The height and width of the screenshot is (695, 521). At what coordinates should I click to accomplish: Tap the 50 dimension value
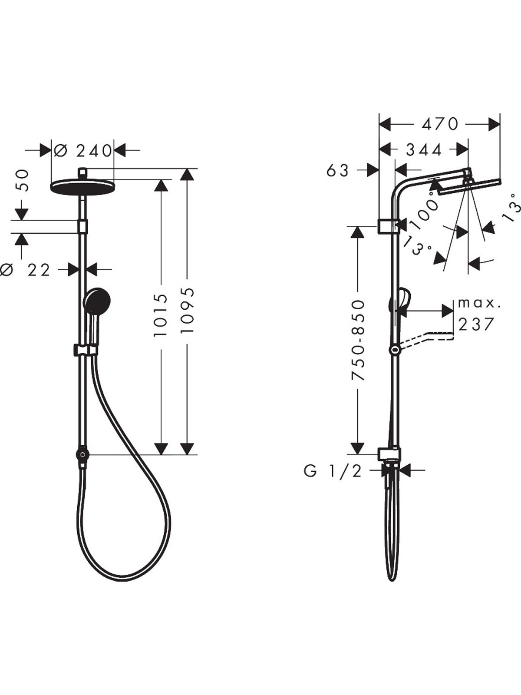coord(21,180)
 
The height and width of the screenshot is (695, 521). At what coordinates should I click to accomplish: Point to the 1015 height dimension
coord(161,315)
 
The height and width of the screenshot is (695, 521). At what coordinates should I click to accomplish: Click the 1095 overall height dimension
coord(187,310)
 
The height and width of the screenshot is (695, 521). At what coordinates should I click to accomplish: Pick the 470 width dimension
coord(440,124)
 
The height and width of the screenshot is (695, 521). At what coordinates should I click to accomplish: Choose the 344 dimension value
coord(424,150)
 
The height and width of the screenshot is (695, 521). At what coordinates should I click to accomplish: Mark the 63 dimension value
coord(338,170)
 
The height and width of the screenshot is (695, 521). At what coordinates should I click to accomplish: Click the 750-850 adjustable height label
coord(358,340)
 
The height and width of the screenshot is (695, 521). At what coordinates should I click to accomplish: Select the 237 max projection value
coord(476,324)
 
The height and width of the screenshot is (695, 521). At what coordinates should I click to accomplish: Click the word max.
coord(479,303)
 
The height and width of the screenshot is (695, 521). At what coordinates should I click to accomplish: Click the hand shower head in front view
coord(97,301)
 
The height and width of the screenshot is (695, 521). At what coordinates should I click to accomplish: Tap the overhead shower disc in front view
coord(83,187)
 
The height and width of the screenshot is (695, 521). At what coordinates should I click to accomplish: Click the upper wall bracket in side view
coord(389,226)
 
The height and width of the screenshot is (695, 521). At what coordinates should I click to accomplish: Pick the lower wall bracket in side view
coord(389,454)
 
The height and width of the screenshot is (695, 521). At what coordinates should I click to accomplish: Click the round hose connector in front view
coord(82,454)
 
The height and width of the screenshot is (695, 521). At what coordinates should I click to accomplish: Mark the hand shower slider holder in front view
coord(85,349)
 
